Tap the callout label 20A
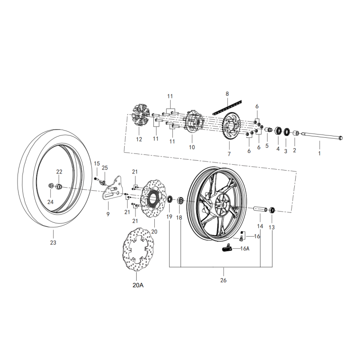pos(139,284)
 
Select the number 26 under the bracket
pos(224,280)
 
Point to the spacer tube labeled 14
pos(260,209)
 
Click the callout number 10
pos(192,147)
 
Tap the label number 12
pos(139,139)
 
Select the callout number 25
pos(105,168)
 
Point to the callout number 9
pos(108,215)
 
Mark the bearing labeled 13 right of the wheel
pos(273,210)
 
